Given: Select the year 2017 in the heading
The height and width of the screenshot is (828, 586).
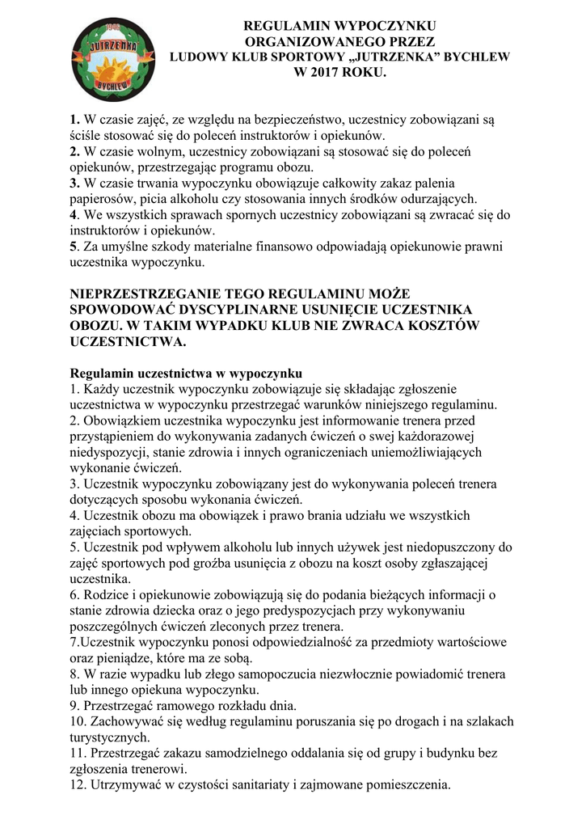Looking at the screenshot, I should pyautogui.click(x=333, y=74).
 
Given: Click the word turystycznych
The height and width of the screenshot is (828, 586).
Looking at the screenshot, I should pyautogui.click(x=110, y=737).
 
